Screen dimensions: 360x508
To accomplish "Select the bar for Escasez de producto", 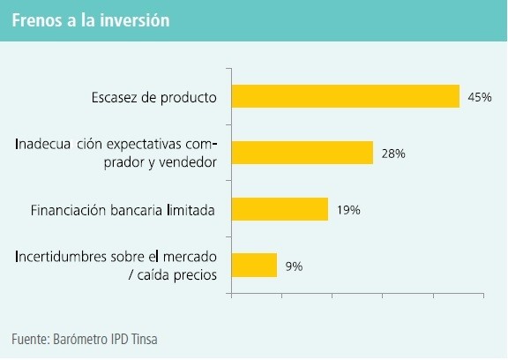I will (x=345, y=96).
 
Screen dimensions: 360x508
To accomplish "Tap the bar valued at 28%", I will (x=302, y=153).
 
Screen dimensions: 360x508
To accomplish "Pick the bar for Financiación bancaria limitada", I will (x=280, y=209).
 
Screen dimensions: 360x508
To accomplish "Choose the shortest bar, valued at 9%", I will (x=254, y=265).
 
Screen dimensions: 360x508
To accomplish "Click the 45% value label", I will (x=480, y=97).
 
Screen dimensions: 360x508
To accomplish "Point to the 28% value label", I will (x=393, y=154).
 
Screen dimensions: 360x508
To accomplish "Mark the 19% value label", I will (x=348, y=210).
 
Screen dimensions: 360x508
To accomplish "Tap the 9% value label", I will (x=294, y=266).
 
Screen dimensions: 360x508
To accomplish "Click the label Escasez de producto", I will (x=153, y=97).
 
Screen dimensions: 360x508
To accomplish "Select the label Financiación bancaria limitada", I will (x=123, y=210).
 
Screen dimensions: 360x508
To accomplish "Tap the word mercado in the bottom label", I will (x=190, y=257).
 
